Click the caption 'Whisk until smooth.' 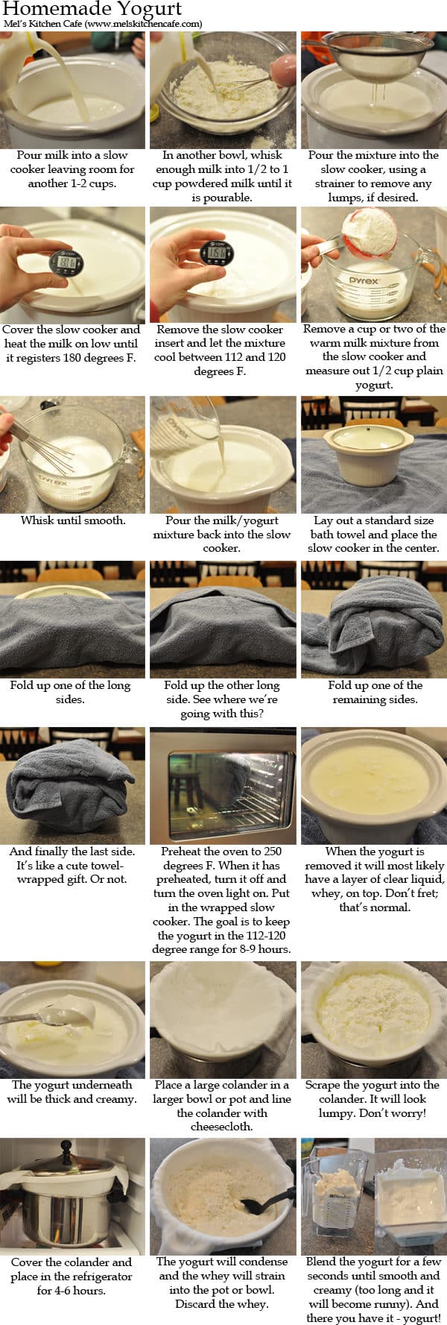click(x=73, y=520)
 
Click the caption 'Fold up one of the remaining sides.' click(x=374, y=692)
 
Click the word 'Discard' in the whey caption click(x=197, y=1304)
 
